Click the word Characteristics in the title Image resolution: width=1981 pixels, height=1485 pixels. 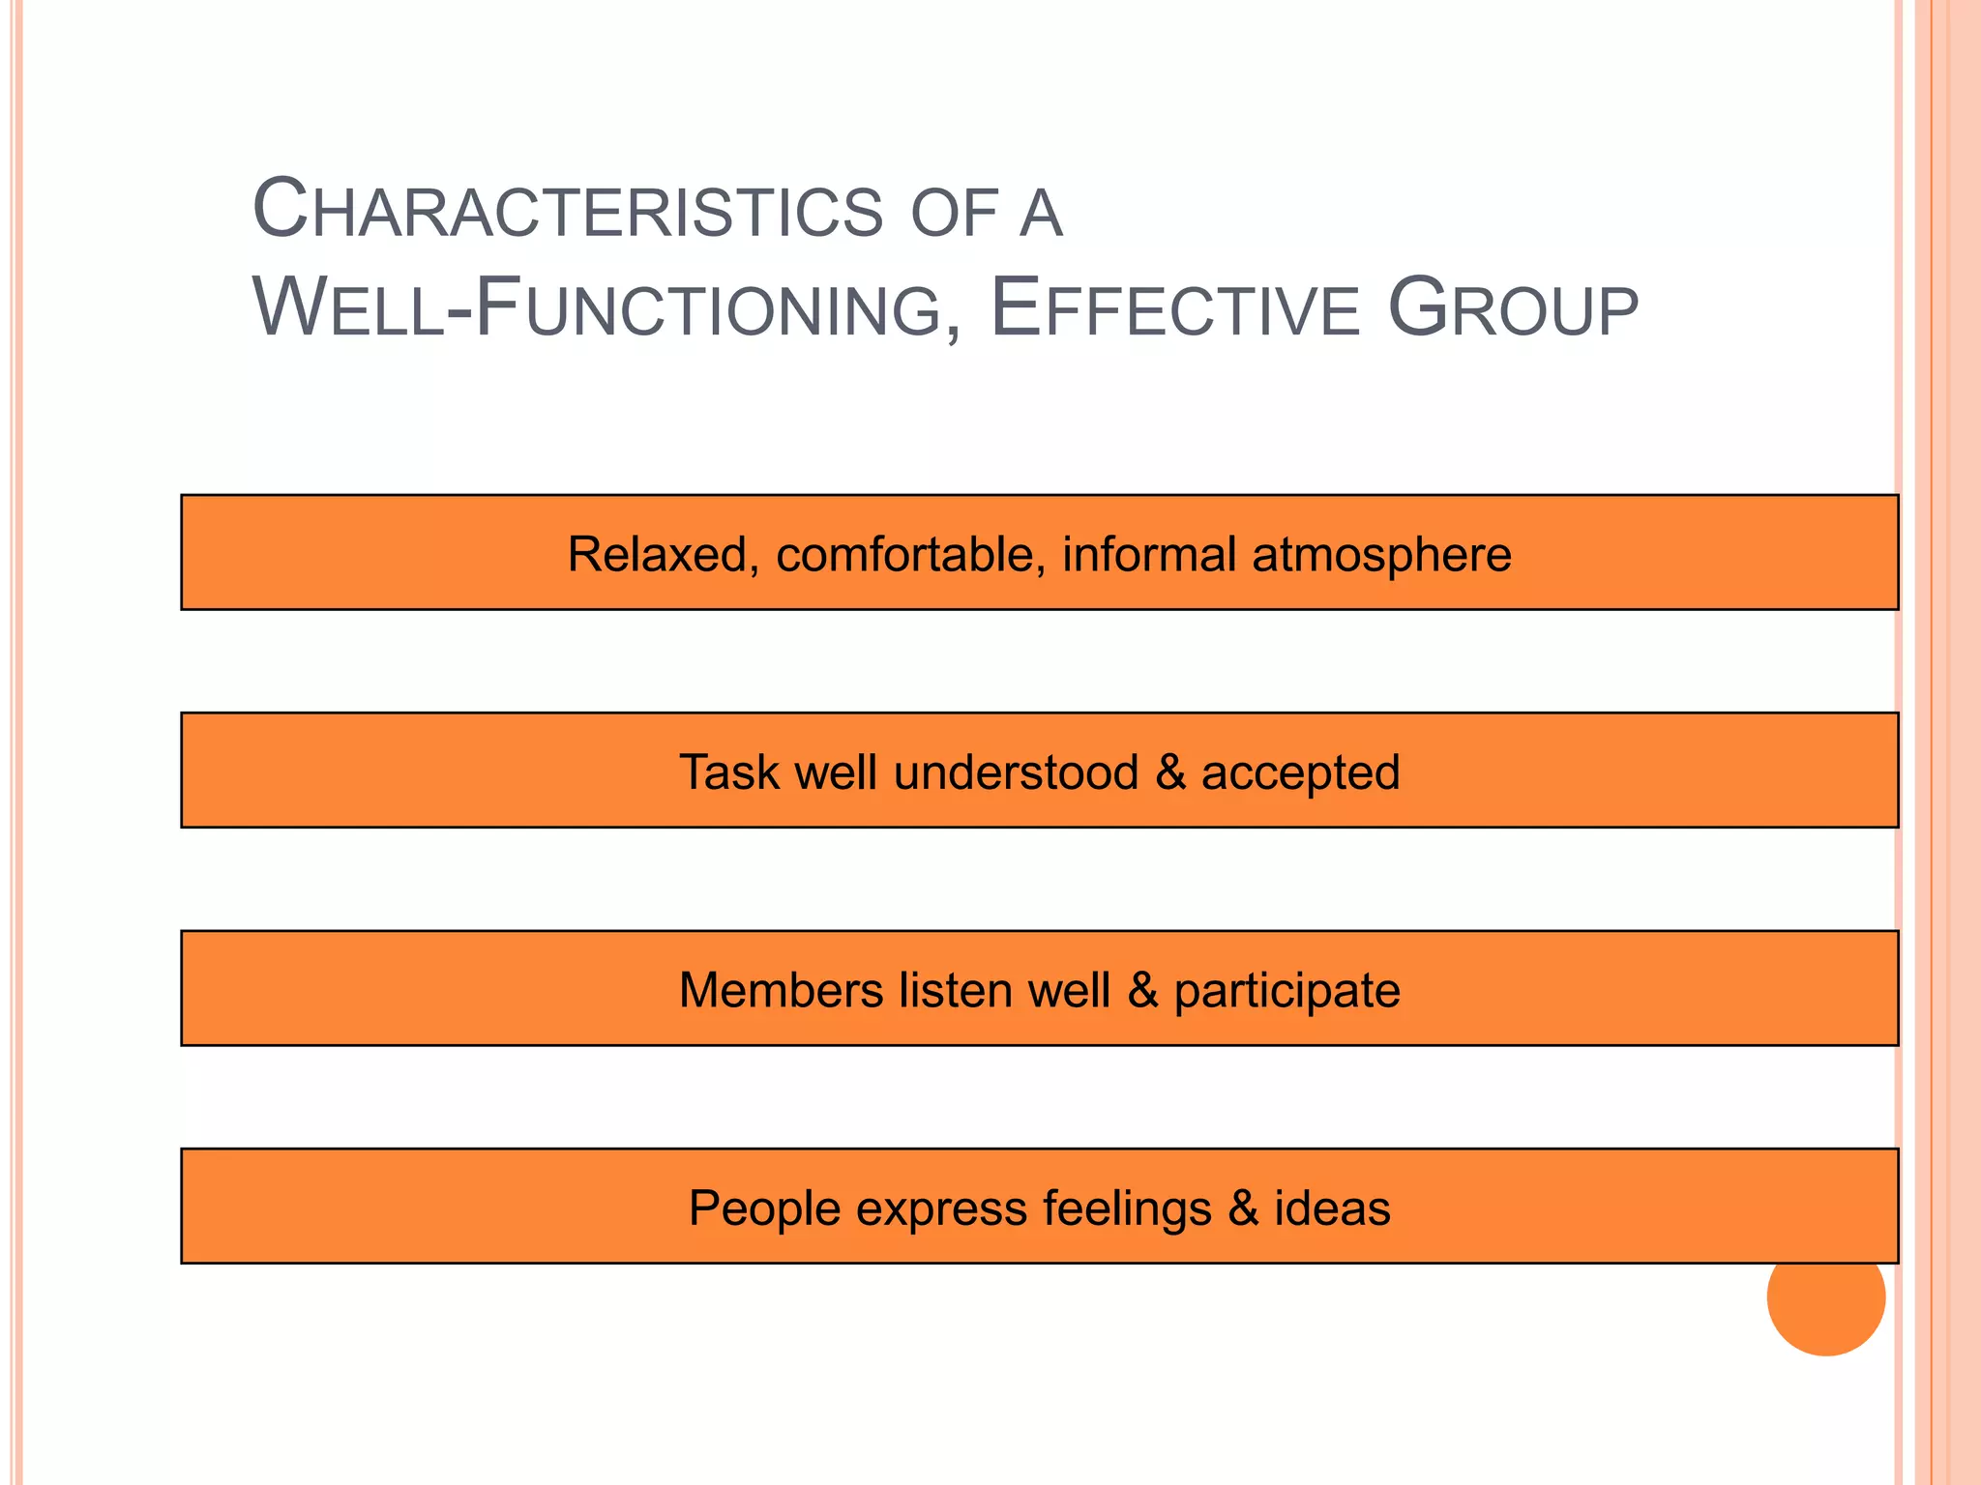pos(567,210)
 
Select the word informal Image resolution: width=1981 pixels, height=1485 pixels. pos(1148,555)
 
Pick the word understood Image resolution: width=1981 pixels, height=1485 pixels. pos(1016,772)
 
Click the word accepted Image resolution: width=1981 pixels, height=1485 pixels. pos(1300,772)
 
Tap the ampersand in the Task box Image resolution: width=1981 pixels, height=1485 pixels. pos(1170,772)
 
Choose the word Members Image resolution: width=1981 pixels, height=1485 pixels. pos(781,990)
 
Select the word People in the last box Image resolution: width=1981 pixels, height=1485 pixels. pos(764,1208)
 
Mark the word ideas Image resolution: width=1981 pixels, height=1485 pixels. pos(1332,1208)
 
